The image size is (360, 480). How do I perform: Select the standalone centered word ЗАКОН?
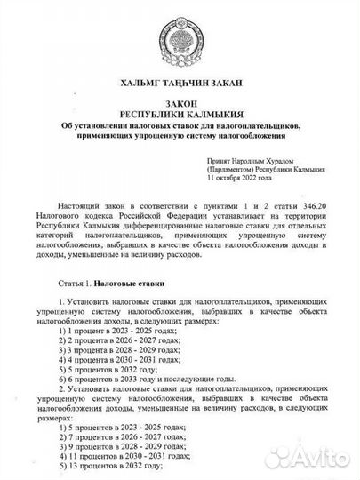[180, 104]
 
